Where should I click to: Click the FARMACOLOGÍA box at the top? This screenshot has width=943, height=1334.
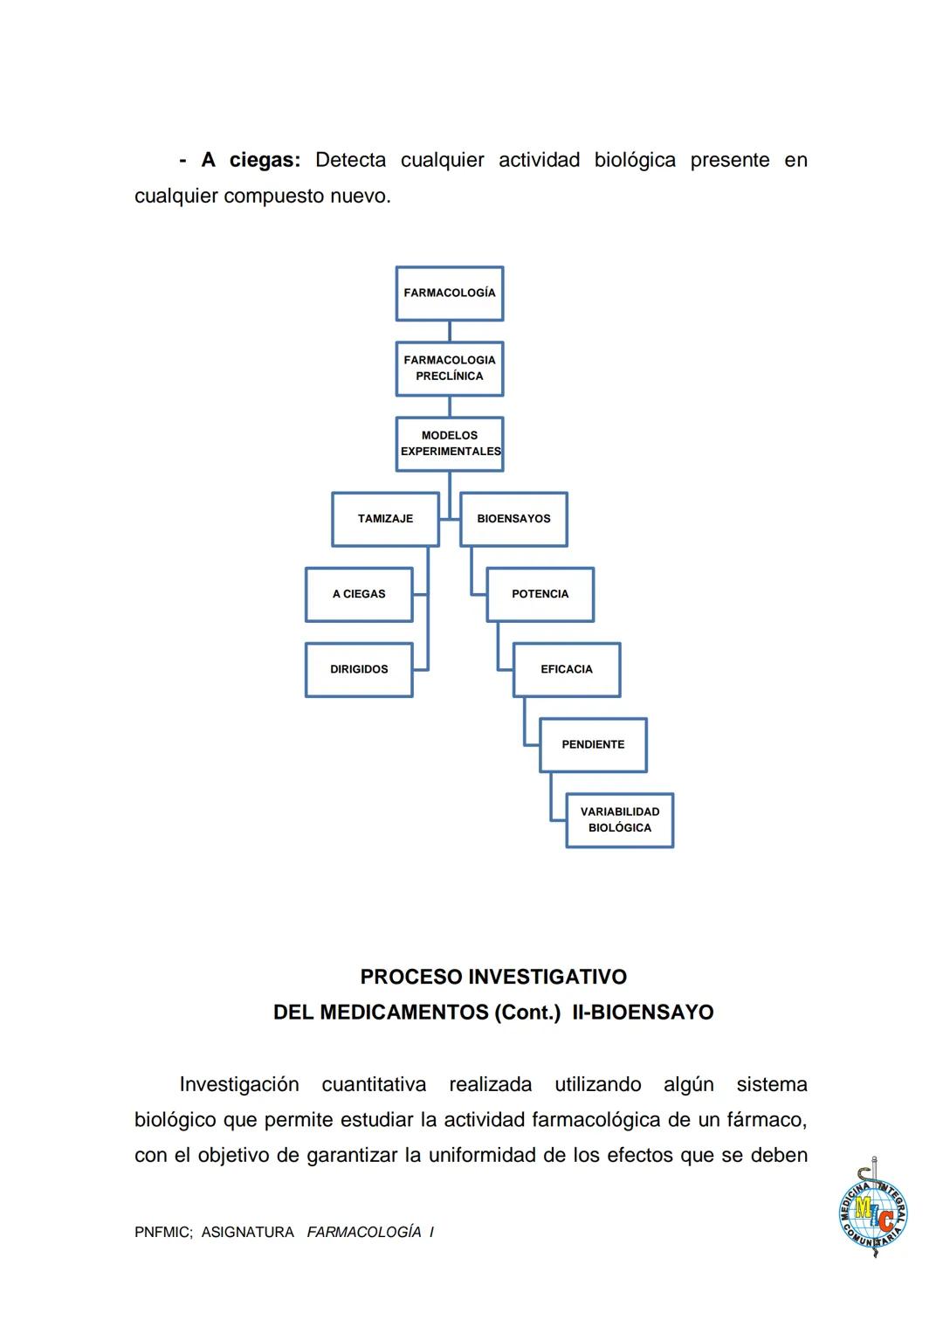click(x=449, y=294)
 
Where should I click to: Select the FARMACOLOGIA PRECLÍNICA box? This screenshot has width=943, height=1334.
click(x=449, y=369)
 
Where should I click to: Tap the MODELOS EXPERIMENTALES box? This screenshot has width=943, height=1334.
click(x=449, y=444)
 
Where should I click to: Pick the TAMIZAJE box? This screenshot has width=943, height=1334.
click(x=385, y=519)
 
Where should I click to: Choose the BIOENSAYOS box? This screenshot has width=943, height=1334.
click(x=513, y=519)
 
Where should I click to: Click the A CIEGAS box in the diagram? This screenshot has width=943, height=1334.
click(x=359, y=594)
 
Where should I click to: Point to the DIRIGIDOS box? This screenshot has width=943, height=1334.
click(x=359, y=669)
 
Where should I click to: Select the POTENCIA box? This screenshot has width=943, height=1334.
click(x=540, y=594)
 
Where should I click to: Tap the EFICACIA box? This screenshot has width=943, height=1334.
click(x=567, y=669)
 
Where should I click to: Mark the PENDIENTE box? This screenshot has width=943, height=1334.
click(x=593, y=744)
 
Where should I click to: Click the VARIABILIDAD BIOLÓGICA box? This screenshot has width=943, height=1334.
click(x=620, y=819)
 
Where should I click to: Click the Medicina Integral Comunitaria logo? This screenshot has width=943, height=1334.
click(x=872, y=1210)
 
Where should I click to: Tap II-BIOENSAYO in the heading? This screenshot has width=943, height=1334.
click(x=643, y=1013)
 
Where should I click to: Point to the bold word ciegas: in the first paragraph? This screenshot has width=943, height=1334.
click(x=265, y=161)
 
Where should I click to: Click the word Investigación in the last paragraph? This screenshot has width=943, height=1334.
click(x=239, y=1085)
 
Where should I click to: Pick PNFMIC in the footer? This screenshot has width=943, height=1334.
click(x=163, y=1233)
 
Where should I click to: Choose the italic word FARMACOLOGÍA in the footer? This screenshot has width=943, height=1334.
click(x=364, y=1233)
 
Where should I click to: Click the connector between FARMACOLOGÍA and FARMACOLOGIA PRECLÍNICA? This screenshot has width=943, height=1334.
click(x=449, y=331)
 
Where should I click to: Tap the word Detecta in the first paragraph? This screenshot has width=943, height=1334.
click(x=350, y=161)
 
